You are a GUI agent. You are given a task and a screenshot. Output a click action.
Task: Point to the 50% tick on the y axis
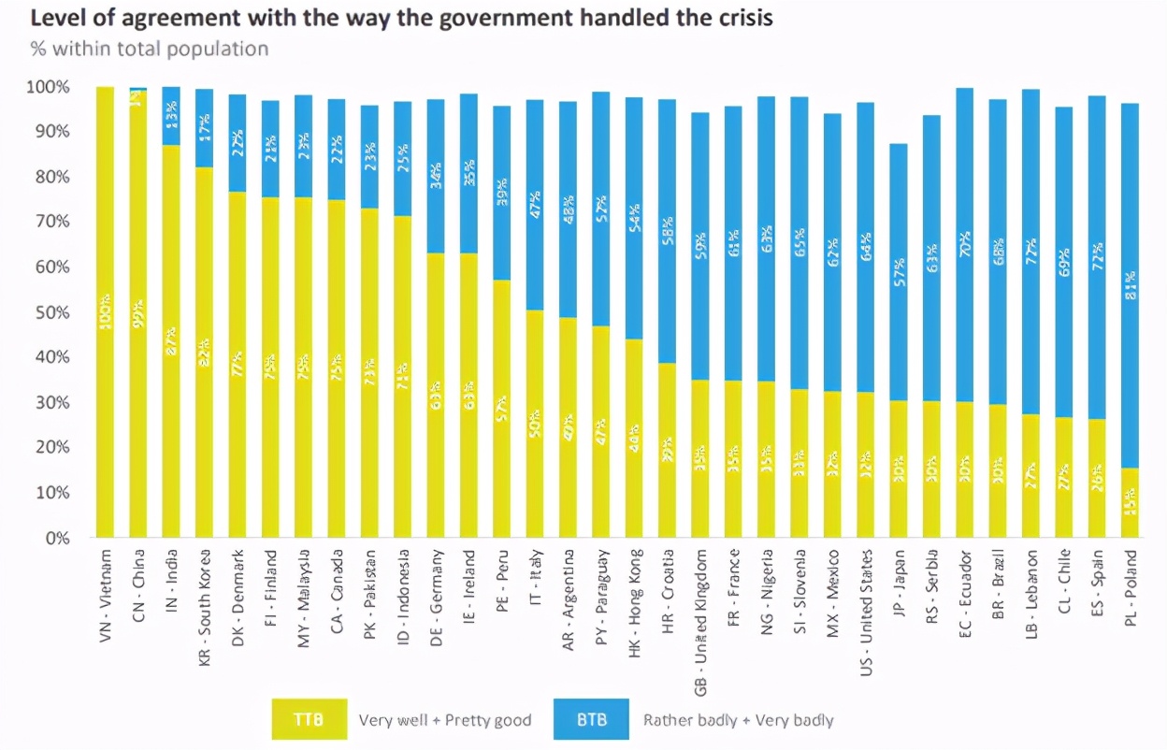coord(48,311)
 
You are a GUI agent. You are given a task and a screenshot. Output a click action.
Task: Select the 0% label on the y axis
coord(55,538)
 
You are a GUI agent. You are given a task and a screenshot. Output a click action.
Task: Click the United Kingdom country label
coord(701,622)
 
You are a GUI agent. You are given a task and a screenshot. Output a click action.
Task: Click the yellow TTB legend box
coord(309,720)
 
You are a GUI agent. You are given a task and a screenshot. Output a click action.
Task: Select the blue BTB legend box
coord(591,720)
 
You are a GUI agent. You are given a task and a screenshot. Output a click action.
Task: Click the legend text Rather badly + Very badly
coord(739,720)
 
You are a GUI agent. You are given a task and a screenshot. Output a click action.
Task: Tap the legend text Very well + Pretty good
coord(445,720)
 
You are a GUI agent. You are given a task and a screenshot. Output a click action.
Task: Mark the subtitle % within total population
coord(150,49)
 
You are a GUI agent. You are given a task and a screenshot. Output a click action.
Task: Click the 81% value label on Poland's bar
coord(1131,289)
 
